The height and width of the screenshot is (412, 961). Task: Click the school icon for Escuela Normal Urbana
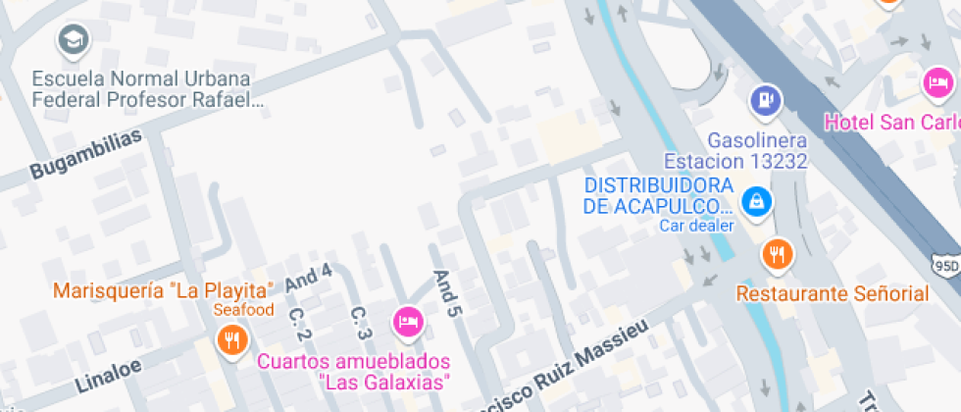(x=74, y=40)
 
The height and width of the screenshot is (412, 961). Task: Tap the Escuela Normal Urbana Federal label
(x=141, y=88)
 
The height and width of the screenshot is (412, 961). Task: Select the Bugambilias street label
(x=86, y=154)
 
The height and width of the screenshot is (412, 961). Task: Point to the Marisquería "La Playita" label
(x=163, y=290)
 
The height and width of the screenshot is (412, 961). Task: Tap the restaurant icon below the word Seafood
(x=232, y=341)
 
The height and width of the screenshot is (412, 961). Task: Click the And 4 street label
(x=309, y=279)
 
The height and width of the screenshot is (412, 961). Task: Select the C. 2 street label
(x=300, y=325)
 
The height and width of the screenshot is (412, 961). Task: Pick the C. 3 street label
(x=361, y=323)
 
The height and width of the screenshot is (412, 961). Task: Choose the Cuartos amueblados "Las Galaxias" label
(x=354, y=371)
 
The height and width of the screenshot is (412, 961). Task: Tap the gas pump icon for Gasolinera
(x=766, y=99)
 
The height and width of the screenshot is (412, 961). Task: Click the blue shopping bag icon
(x=756, y=202)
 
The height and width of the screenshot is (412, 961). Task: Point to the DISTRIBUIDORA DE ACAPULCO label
(x=658, y=195)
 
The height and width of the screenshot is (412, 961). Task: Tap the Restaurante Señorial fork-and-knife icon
(x=777, y=255)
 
